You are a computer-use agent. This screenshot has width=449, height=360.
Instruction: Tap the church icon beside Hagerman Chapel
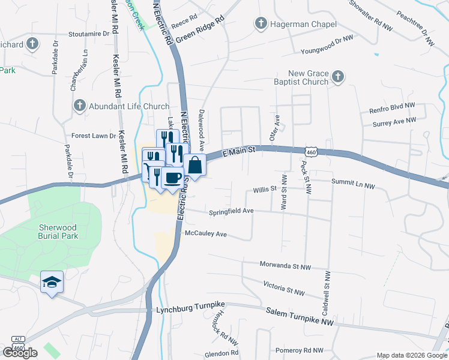(261, 24)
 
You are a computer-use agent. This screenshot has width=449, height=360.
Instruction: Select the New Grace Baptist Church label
(300, 77)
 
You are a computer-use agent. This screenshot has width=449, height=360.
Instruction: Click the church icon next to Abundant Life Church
(79, 106)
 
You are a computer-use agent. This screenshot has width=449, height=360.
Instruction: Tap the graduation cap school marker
(52, 281)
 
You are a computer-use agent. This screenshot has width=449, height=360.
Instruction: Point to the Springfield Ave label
(231, 212)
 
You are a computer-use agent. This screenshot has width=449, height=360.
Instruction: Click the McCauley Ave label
(206, 233)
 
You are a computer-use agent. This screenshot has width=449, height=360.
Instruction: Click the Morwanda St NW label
(285, 265)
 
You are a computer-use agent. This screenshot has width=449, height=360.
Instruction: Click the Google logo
(20, 352)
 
